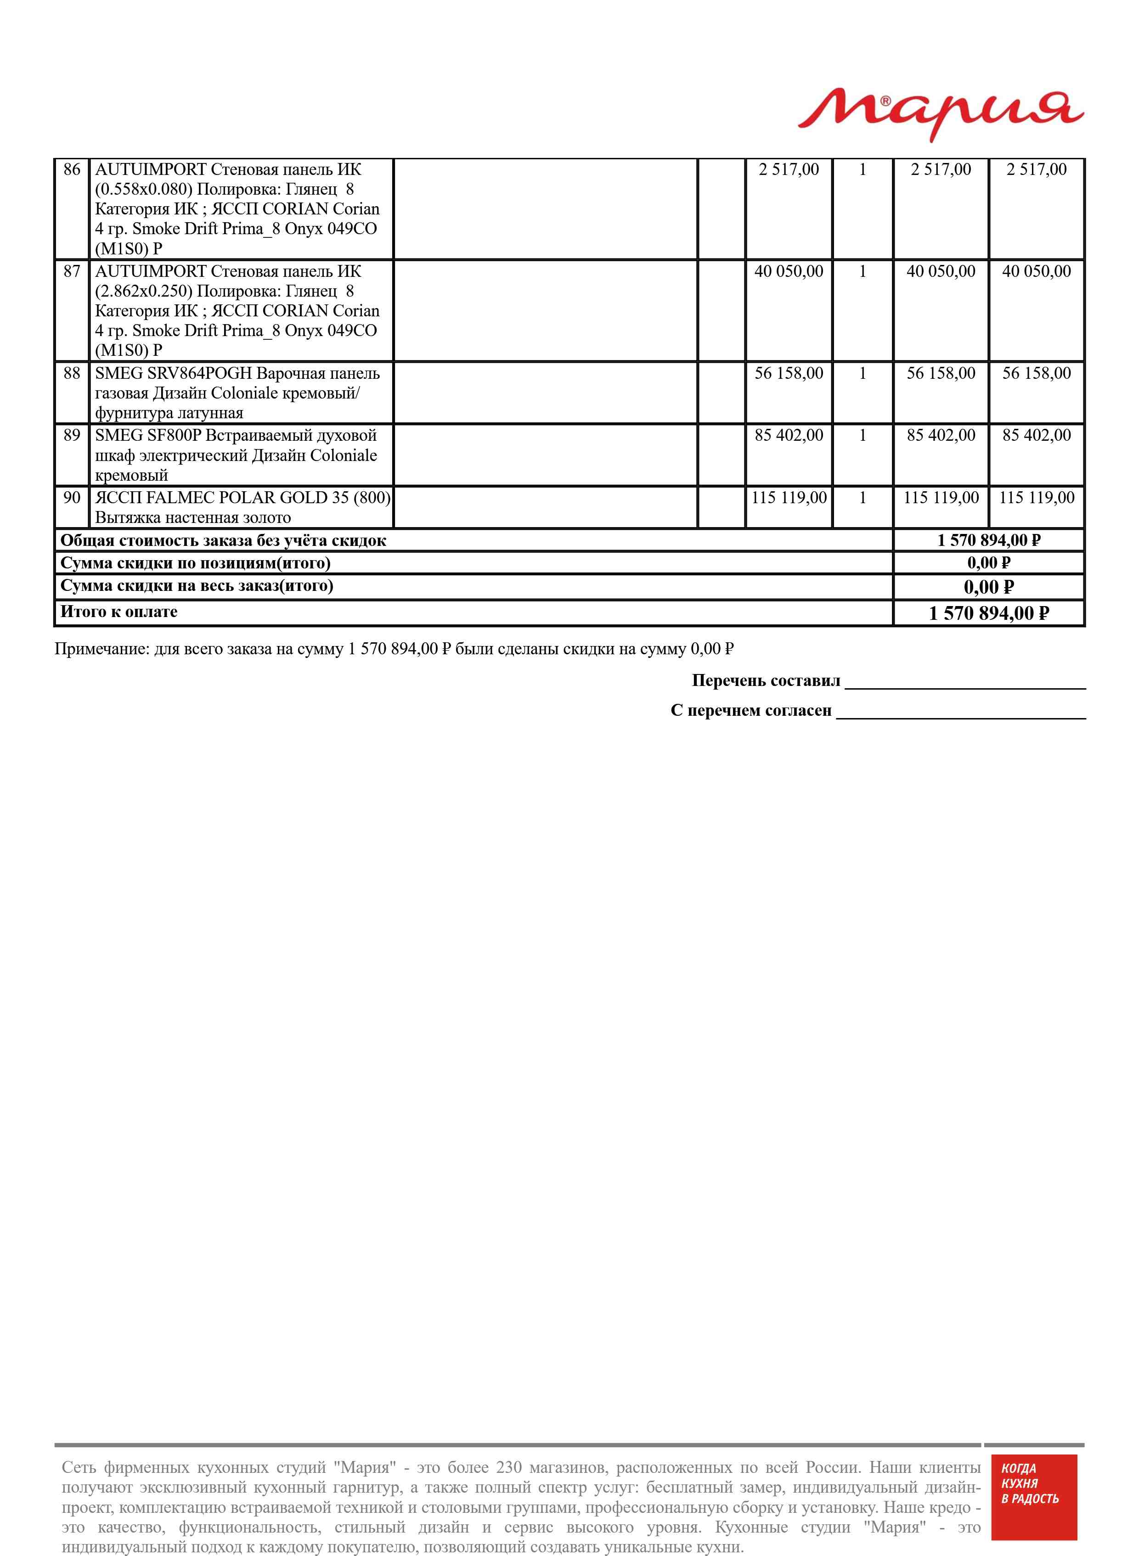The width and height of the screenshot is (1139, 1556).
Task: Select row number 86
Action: [x=72, y=169]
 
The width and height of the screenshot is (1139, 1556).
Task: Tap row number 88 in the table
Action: [x=72, y=373]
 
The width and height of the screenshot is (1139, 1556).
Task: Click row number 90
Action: [x=72, y=498]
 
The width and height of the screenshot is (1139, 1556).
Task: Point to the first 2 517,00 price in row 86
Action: [x=789, y=169]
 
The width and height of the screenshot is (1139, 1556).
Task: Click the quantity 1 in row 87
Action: [x=862, y=271]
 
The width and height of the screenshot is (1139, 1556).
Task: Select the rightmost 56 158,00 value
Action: [x=1036, y=373]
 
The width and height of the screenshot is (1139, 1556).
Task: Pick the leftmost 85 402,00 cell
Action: [x=789, y=436]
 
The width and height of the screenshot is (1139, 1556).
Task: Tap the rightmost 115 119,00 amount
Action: [x=1036, y=498]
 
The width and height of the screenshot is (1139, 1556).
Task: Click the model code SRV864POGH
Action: [x=200, y=373]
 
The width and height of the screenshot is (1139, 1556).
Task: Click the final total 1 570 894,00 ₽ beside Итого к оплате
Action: [x=989, y=613]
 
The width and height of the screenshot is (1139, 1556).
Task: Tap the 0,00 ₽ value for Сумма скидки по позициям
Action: [x=989, y=563]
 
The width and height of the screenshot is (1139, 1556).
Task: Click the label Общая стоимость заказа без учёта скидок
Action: [x=223, y=541]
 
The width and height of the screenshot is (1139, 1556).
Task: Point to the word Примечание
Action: [x=101, y=649]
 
